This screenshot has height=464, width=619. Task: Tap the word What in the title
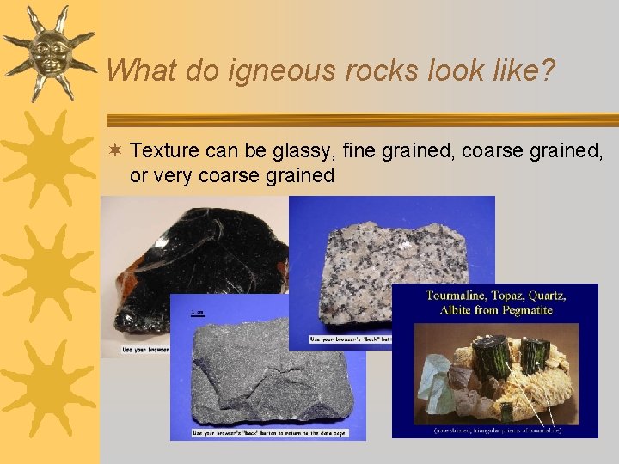(x=143, y=70)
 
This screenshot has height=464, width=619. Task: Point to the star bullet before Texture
(x=116, y=152)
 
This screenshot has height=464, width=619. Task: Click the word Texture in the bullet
(x=165, y=152)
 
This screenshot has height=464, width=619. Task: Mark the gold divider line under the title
(x=361, y=119)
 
